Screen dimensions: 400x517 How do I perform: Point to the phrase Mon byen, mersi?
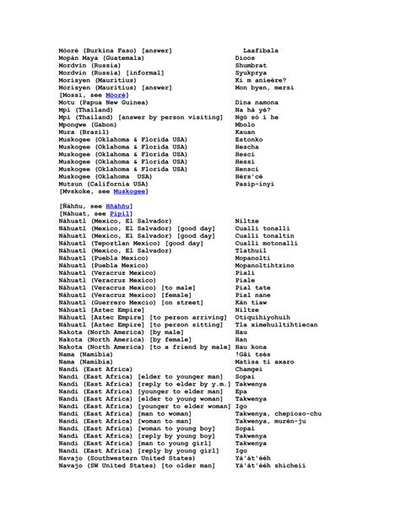pyautogui.click(x=264, y=87)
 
